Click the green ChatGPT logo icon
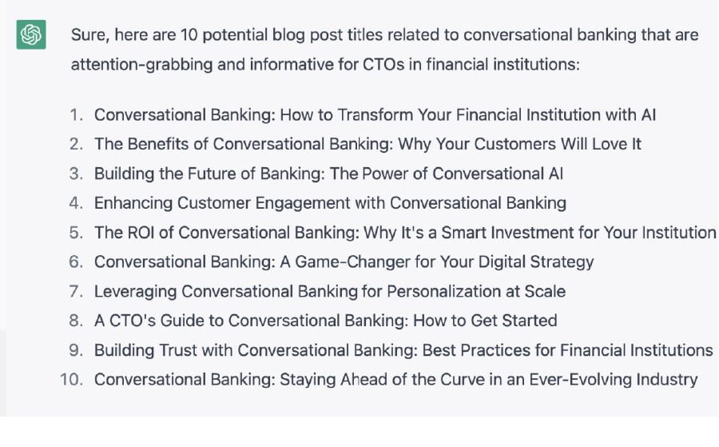tap(31, 34)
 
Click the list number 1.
tap(76, 114)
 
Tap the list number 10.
tap(71, 380)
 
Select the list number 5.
tap(76, 233)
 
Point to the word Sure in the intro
tap(90, 35)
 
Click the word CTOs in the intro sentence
tap(383, 64)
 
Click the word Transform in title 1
tap(375, 114)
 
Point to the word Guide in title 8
tap(182, 321)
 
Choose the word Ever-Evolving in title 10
tap(580, 380)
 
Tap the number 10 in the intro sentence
tap(189, 35)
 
